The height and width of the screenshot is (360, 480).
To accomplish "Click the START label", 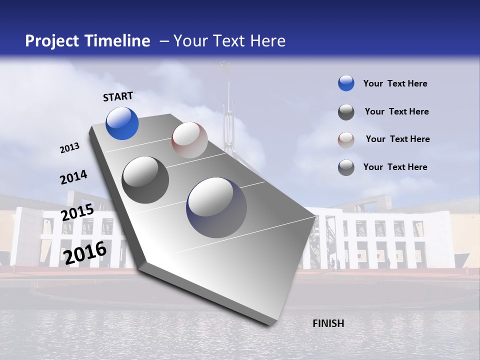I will click(118, 96).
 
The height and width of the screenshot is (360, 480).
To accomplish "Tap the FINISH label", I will click(328, 323).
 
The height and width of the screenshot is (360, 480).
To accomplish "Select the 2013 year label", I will click(69, 148).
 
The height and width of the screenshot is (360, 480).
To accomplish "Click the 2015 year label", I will click(77, 212).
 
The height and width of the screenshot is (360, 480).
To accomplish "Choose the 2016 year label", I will click(85, 252).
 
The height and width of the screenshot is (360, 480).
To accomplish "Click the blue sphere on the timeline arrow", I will click(122, 123).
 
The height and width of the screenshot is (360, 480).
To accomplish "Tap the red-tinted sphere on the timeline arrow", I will click(189, 140).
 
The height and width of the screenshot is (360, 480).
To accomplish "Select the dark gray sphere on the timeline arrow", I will click(145, 180).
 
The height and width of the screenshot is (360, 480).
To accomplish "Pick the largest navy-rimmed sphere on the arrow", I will click(216, 207).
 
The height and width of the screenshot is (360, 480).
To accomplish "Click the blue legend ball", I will click(346, 83).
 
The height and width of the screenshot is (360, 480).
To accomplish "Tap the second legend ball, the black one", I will click(346, 112).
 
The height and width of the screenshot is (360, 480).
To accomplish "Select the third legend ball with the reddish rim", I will click(346, 139).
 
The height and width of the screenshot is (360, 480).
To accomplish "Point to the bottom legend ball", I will click(346, 167).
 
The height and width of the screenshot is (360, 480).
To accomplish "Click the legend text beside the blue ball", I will click(395, 83).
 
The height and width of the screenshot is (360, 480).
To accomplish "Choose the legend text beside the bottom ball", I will click(395, 167).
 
